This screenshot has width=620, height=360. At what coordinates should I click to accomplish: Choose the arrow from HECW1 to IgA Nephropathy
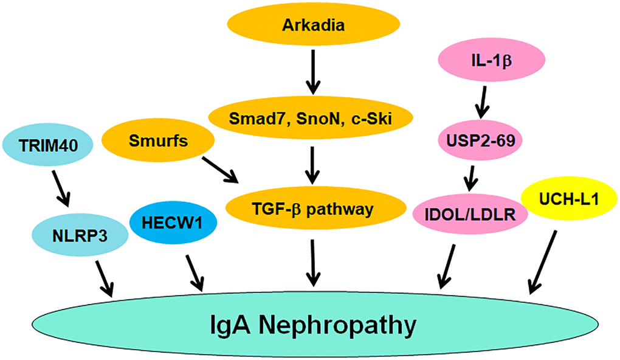click(195, 272)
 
